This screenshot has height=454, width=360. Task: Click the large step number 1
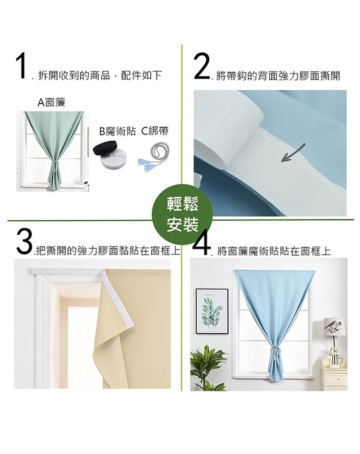[21, 66]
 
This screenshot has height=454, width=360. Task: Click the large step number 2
[202, 66]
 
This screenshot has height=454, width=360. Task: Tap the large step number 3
[24, 241]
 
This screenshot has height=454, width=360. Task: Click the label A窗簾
[51, 102]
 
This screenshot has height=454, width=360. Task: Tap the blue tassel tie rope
[154, 157]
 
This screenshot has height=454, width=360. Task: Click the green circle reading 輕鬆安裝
[182, 215]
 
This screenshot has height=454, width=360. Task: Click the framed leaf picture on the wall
[212, 311]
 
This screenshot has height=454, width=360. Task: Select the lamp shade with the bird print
[334, 327]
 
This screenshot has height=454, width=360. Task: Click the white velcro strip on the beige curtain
[118, 298]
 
